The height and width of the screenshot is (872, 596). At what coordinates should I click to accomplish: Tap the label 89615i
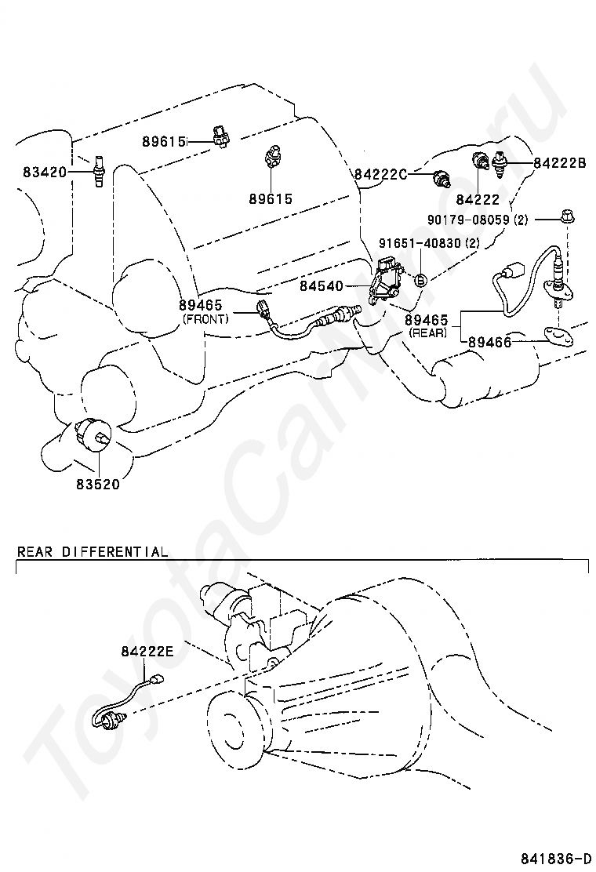click(x=164, y=142)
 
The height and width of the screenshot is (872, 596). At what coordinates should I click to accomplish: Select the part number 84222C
click(x=380, y=174)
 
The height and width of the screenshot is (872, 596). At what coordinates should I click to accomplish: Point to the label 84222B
click(x=560, y=163)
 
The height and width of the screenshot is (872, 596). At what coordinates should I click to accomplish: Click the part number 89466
click(x=490, y=342)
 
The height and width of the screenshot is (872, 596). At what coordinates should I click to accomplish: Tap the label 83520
click(x=98, y=484)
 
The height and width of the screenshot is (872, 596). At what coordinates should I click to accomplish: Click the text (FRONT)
click(x=205, y=319)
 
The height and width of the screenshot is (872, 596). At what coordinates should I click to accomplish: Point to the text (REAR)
click(x=427, y=332)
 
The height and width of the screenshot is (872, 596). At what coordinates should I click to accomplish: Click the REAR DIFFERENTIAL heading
click(x=93, y=551)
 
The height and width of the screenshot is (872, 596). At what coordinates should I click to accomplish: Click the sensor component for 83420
click(x=100, y=172)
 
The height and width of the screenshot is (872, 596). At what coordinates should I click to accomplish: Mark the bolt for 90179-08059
click(x=565, y=216)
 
